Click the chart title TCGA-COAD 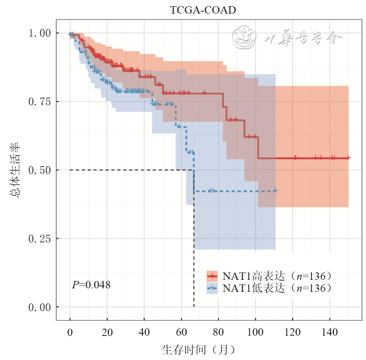203,10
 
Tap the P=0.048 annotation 91,285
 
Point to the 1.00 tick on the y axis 40,33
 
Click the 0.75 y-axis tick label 40,102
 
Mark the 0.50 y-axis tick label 40,170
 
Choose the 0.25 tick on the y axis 40,239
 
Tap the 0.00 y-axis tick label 40,307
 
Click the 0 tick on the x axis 70,332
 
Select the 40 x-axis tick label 144,332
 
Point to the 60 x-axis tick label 181,332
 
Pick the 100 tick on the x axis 255,332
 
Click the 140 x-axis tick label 330,332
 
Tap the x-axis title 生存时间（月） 198,350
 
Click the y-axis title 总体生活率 17,170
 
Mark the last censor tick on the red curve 349,158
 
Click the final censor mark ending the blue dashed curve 275,191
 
